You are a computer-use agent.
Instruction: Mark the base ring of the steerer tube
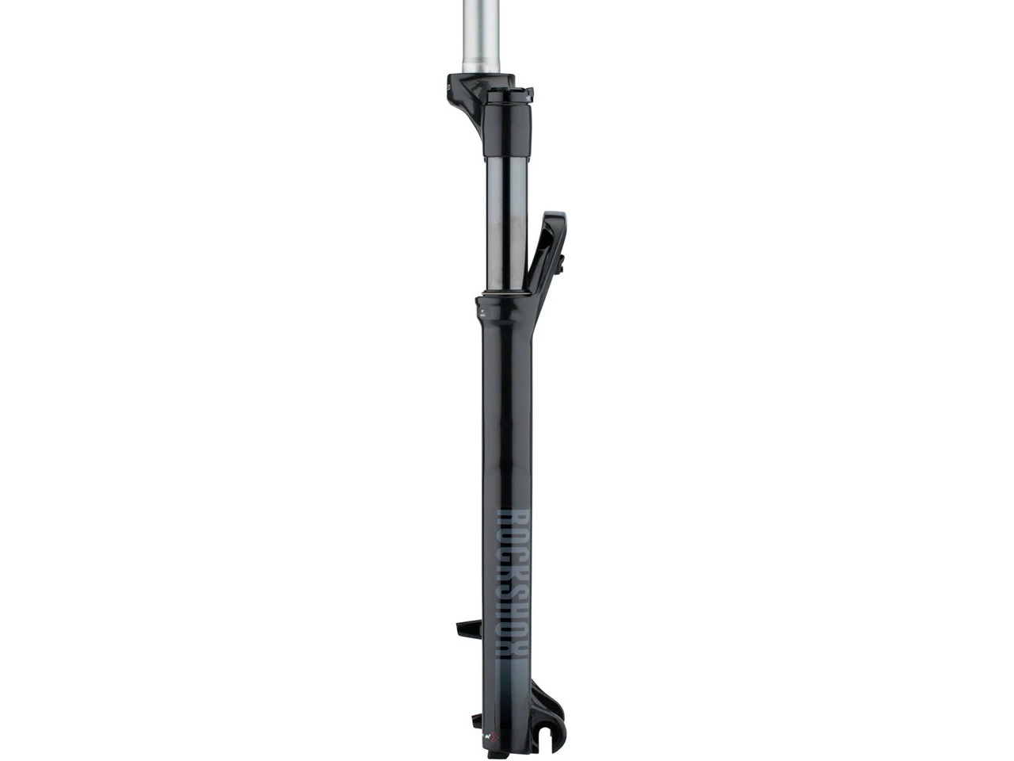[x=480, y=71]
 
